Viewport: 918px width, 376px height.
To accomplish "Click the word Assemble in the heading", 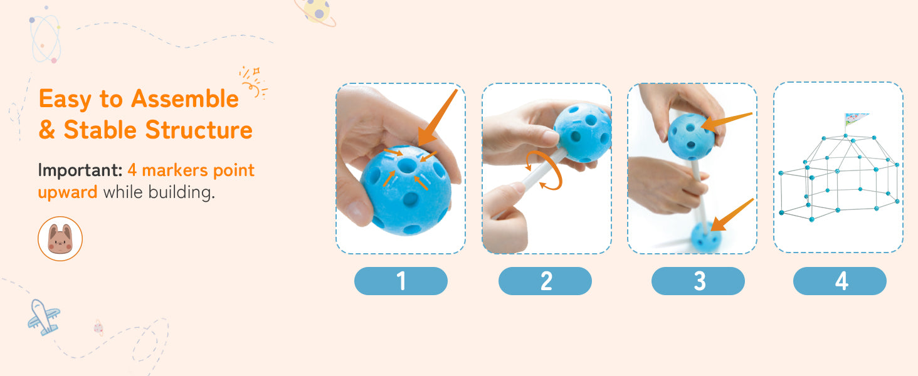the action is [x=185, y=99].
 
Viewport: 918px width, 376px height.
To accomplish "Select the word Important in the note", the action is [x=80, y=170].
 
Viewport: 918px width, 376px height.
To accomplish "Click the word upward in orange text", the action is [x=68, y=192].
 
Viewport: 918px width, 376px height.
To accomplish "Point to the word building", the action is [x=182, y=192].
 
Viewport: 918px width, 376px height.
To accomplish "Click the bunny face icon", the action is [x=60, y=239].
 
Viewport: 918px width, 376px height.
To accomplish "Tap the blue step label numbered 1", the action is [x=401, y=281].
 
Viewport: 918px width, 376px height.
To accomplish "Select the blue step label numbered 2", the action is [x=545, y=281].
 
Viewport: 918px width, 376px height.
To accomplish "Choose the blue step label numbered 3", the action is [x=698, y=281].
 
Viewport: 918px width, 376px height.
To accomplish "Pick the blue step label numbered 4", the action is [x=840, y=281].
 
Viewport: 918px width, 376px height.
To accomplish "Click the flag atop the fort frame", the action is [x=855, y=119].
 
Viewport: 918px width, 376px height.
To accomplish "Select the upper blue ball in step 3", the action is [x=691, y=137].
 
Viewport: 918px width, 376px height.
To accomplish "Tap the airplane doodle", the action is [x=44, y=316].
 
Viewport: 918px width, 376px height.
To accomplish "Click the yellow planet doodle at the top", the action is [x=317, y=12].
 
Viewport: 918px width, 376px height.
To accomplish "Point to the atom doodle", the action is [x=45, y=38].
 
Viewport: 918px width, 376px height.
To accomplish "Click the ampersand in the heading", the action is [x=47, y=130].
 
